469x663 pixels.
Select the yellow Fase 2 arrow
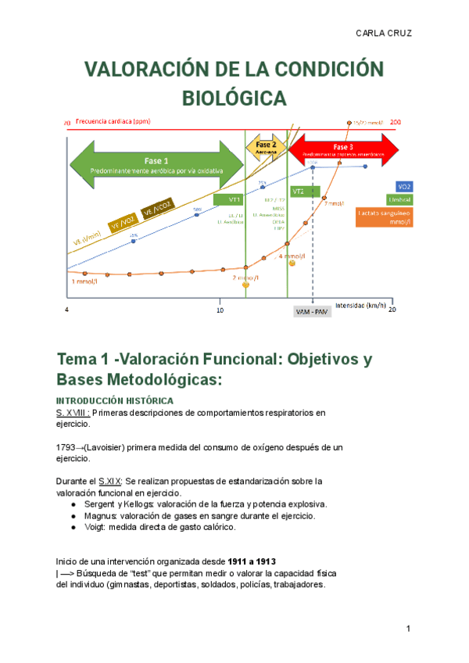pyautogui.click(x=265, y=147)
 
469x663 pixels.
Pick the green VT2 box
pyautogui.click(x=298, y=191)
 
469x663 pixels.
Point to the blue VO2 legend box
pyautogui.click(x=404, y=187)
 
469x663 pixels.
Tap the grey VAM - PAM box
pyautogui.click(x=313, y=311)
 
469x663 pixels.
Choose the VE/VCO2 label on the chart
pyautogui.click(x=156, y=209)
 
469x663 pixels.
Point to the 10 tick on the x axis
pyautogui.click(x=220, y=310)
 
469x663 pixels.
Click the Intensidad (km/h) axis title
pyautogui.click(x=360, y=304)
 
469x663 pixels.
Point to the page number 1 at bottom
pyautogui.click(x=409, y=629)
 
